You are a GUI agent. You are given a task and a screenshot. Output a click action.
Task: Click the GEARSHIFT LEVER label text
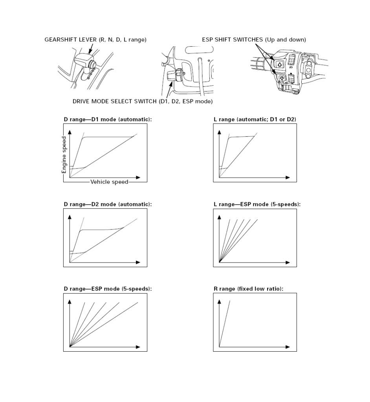95,40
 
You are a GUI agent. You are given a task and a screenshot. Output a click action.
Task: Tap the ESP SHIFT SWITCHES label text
254,40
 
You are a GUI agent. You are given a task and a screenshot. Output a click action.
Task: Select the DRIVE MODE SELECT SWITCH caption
143,101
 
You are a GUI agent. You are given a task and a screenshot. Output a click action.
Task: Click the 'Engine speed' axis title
64,155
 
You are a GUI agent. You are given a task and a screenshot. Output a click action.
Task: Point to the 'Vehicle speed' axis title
109,182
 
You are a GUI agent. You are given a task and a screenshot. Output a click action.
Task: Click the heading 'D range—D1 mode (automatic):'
108,119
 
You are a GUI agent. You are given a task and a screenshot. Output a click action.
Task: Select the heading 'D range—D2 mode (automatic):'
108,204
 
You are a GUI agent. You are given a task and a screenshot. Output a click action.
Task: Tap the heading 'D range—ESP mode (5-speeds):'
108,289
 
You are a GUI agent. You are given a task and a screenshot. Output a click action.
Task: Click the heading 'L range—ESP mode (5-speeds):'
257,204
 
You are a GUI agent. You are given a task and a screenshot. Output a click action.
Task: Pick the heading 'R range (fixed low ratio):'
248,289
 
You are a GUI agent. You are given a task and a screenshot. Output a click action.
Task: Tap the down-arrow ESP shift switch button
281,78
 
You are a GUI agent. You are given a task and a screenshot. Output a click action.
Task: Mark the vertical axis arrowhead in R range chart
220,301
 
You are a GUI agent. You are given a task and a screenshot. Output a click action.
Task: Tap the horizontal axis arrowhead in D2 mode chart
138,262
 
